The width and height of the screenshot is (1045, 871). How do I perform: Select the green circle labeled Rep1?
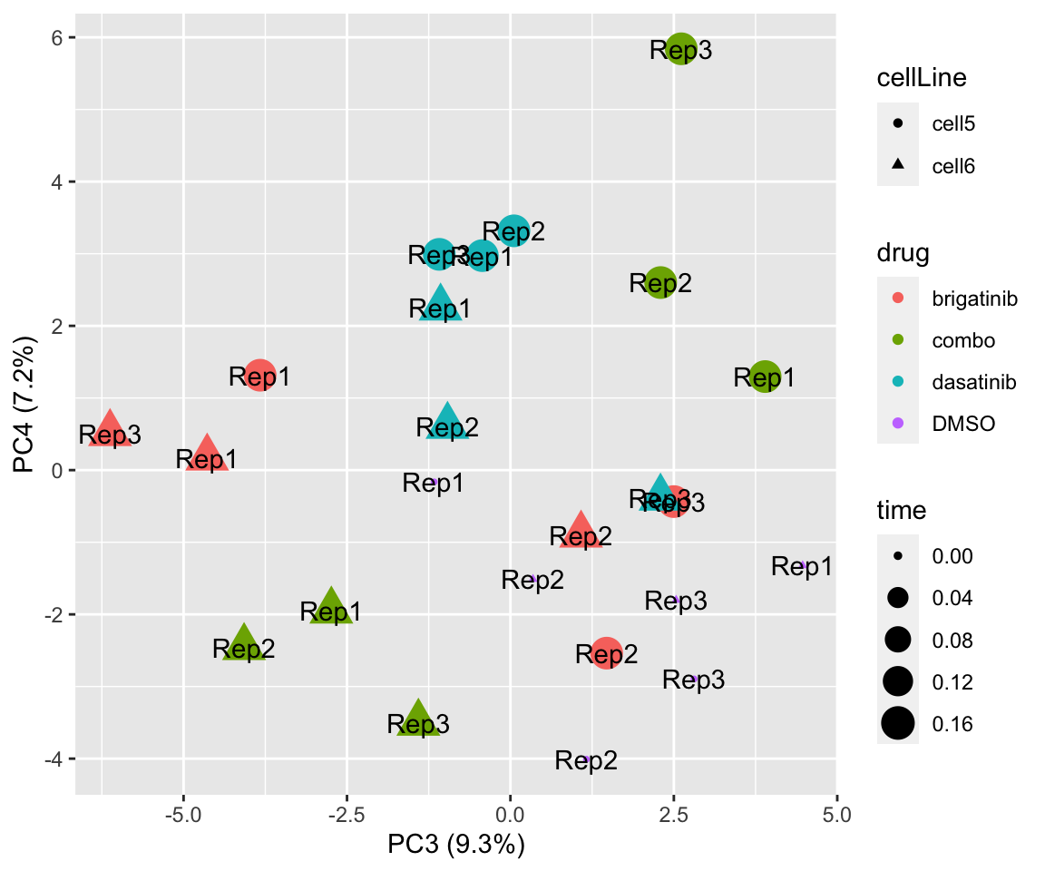766,376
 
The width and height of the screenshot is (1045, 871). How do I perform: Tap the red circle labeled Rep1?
259,374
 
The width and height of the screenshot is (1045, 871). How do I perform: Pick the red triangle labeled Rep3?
110,429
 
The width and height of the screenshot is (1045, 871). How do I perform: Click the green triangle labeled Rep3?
418,719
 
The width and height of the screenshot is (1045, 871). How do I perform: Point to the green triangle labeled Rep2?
244,643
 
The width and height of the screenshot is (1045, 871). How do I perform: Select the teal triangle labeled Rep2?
447,422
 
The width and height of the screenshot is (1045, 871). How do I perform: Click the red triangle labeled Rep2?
581,531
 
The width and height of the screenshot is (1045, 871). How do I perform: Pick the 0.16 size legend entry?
898,723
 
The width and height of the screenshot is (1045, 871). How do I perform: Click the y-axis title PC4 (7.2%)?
24,417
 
